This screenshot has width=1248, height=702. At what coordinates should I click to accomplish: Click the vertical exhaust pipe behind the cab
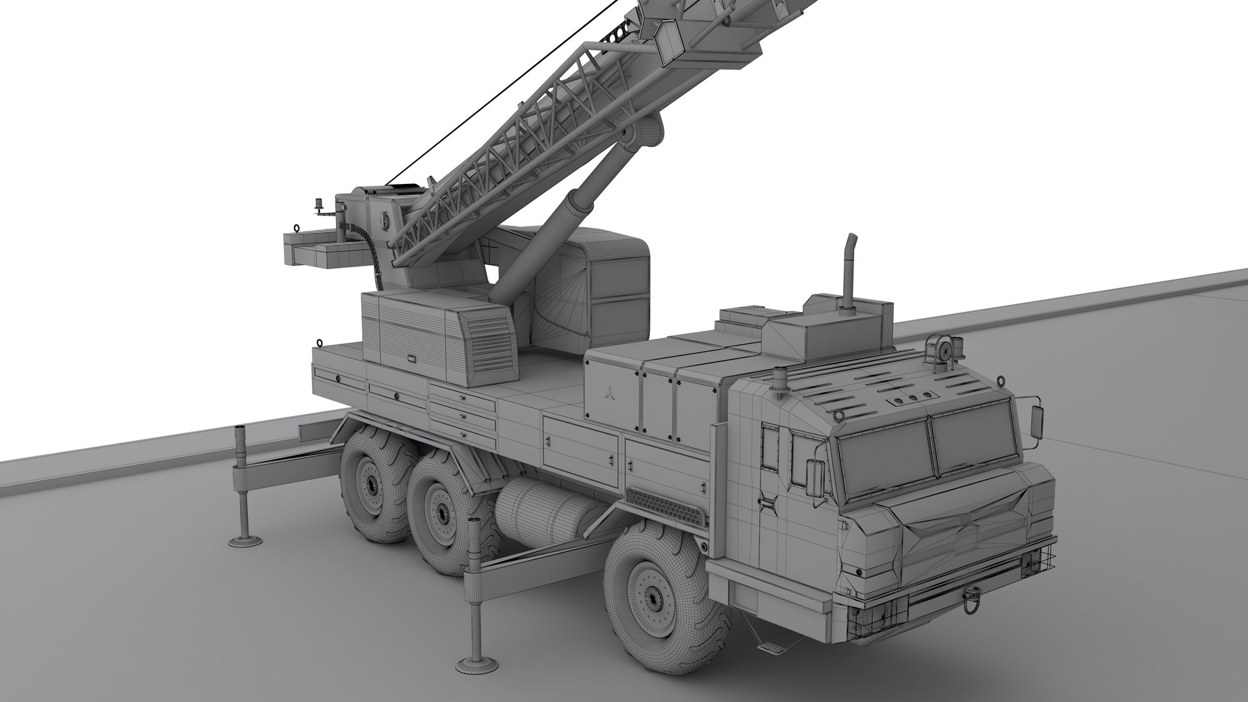tap(849, 273)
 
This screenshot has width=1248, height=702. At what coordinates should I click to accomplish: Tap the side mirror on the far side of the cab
tap(1037, 422)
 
